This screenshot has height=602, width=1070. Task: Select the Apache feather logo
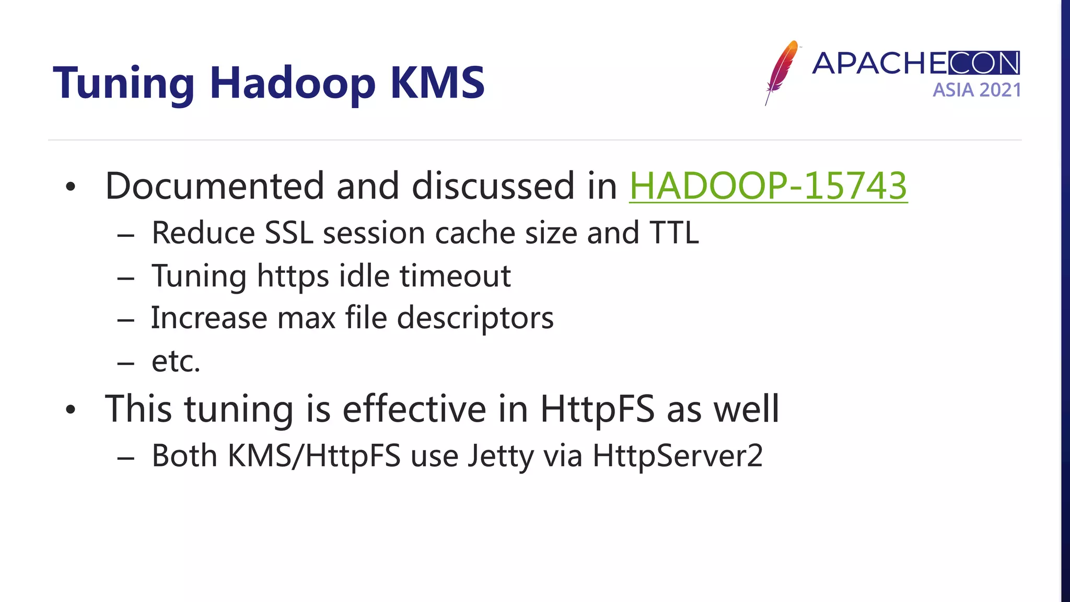point(781,72)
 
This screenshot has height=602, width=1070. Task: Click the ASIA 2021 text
point(976,90)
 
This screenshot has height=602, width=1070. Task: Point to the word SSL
point(288,233)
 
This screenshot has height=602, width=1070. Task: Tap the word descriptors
point(475,318)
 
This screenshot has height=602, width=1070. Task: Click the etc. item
point(176,361)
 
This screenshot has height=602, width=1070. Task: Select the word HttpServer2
point(678,455)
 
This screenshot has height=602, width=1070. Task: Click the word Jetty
point(500,456)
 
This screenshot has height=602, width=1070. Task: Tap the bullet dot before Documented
point(71,187)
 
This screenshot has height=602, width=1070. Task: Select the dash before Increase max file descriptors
point(126,320)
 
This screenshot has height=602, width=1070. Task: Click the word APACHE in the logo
point(879,63)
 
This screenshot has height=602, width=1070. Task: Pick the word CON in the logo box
point(984,63)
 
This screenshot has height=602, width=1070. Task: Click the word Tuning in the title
point(124,84)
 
